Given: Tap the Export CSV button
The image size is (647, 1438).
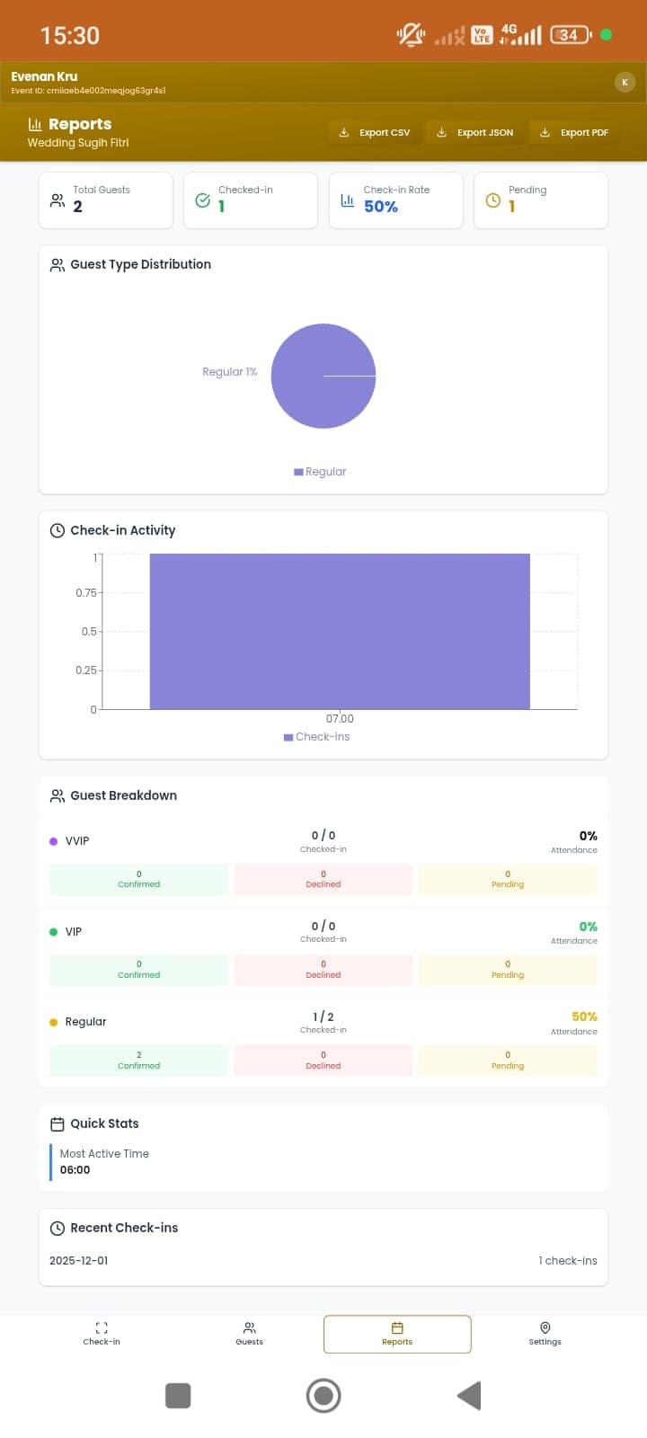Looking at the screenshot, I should (x=375, y=132).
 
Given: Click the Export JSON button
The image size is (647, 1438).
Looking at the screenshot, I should (x=474, y=132).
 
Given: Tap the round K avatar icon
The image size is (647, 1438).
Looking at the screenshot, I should (x=625, y=83).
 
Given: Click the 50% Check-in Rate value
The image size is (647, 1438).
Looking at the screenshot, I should (x=381, y=207).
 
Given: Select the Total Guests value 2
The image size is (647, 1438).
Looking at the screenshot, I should (x=77, y=207).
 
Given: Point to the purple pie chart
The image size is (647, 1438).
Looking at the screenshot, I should (x=323, y=376).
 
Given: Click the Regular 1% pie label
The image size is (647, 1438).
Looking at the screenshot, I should (x=229, y=372).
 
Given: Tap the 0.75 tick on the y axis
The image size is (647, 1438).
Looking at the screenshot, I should (x=86, y=593).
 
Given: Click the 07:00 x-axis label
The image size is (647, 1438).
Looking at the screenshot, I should (x=340, y=719).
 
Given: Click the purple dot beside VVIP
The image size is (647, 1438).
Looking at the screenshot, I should (x=53, y=841).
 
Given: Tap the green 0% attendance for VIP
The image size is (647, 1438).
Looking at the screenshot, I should (x=588, y=927).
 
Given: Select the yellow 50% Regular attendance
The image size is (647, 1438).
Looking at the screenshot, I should (x=584, y=1016).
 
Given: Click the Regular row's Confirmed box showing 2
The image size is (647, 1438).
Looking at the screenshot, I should (x=139, y=1061).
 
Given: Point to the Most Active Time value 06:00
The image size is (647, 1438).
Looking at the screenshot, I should (x=75, y=1170).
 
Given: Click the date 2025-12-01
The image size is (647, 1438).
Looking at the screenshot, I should (x=79, y=1261).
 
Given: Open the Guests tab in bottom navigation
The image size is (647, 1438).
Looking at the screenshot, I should (x=250, y=1334).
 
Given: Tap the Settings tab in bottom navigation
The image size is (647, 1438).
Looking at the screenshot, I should (x=545, y=1334).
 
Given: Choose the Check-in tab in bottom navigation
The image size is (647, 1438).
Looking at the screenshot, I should (x=102, y=1334).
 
